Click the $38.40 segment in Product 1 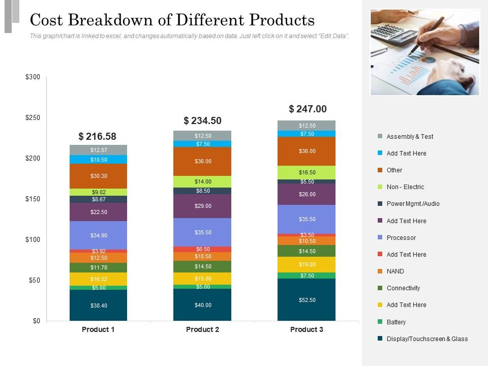click(x=98, y=306)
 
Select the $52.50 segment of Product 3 click(x=307, y=300)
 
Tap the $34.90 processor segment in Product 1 click(x=98, y=235)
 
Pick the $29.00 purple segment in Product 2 click(x=202, y=206)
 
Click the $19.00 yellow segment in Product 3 click(x=307, y=264)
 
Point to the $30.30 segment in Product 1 click(x=98, y=176)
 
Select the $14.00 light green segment click(x=202, y=181)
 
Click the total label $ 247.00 click(x=308, y=109)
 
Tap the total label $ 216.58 click(x=97, y=136)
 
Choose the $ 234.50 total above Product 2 click(x=202, y=120)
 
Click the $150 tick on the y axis click(x=33, y=199)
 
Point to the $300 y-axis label click(x=33, y=77)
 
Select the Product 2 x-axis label click(x=202, y=329)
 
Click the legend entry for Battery click(x=396, y=322)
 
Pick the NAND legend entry click(x=395, y=271)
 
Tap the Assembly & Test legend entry click(x=410, y=136)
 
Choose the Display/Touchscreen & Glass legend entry click(x=427, y=339)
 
